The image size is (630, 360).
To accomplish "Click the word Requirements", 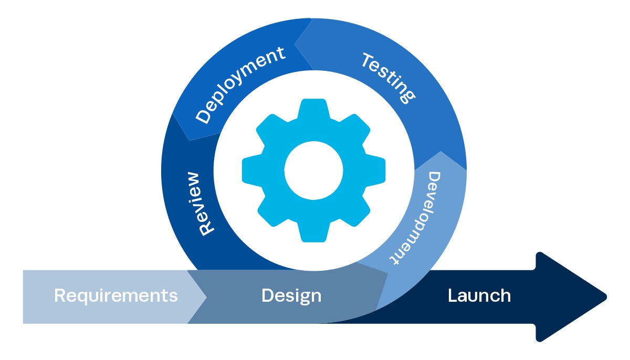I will click(x=115, y=295).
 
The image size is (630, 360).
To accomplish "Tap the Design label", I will click(x=291, y=295).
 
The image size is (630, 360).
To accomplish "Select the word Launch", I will click(x=479, y=295).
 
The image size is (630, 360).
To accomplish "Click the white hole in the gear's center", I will click(x=313, y=170).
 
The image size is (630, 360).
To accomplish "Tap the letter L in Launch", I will click(x=452, y=295).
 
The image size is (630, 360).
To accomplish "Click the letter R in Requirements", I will click(x=59, y=295).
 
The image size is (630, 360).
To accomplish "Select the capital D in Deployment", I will click(x=203, y=117).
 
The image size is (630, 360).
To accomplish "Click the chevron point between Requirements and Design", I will click(x=206, y=297).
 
